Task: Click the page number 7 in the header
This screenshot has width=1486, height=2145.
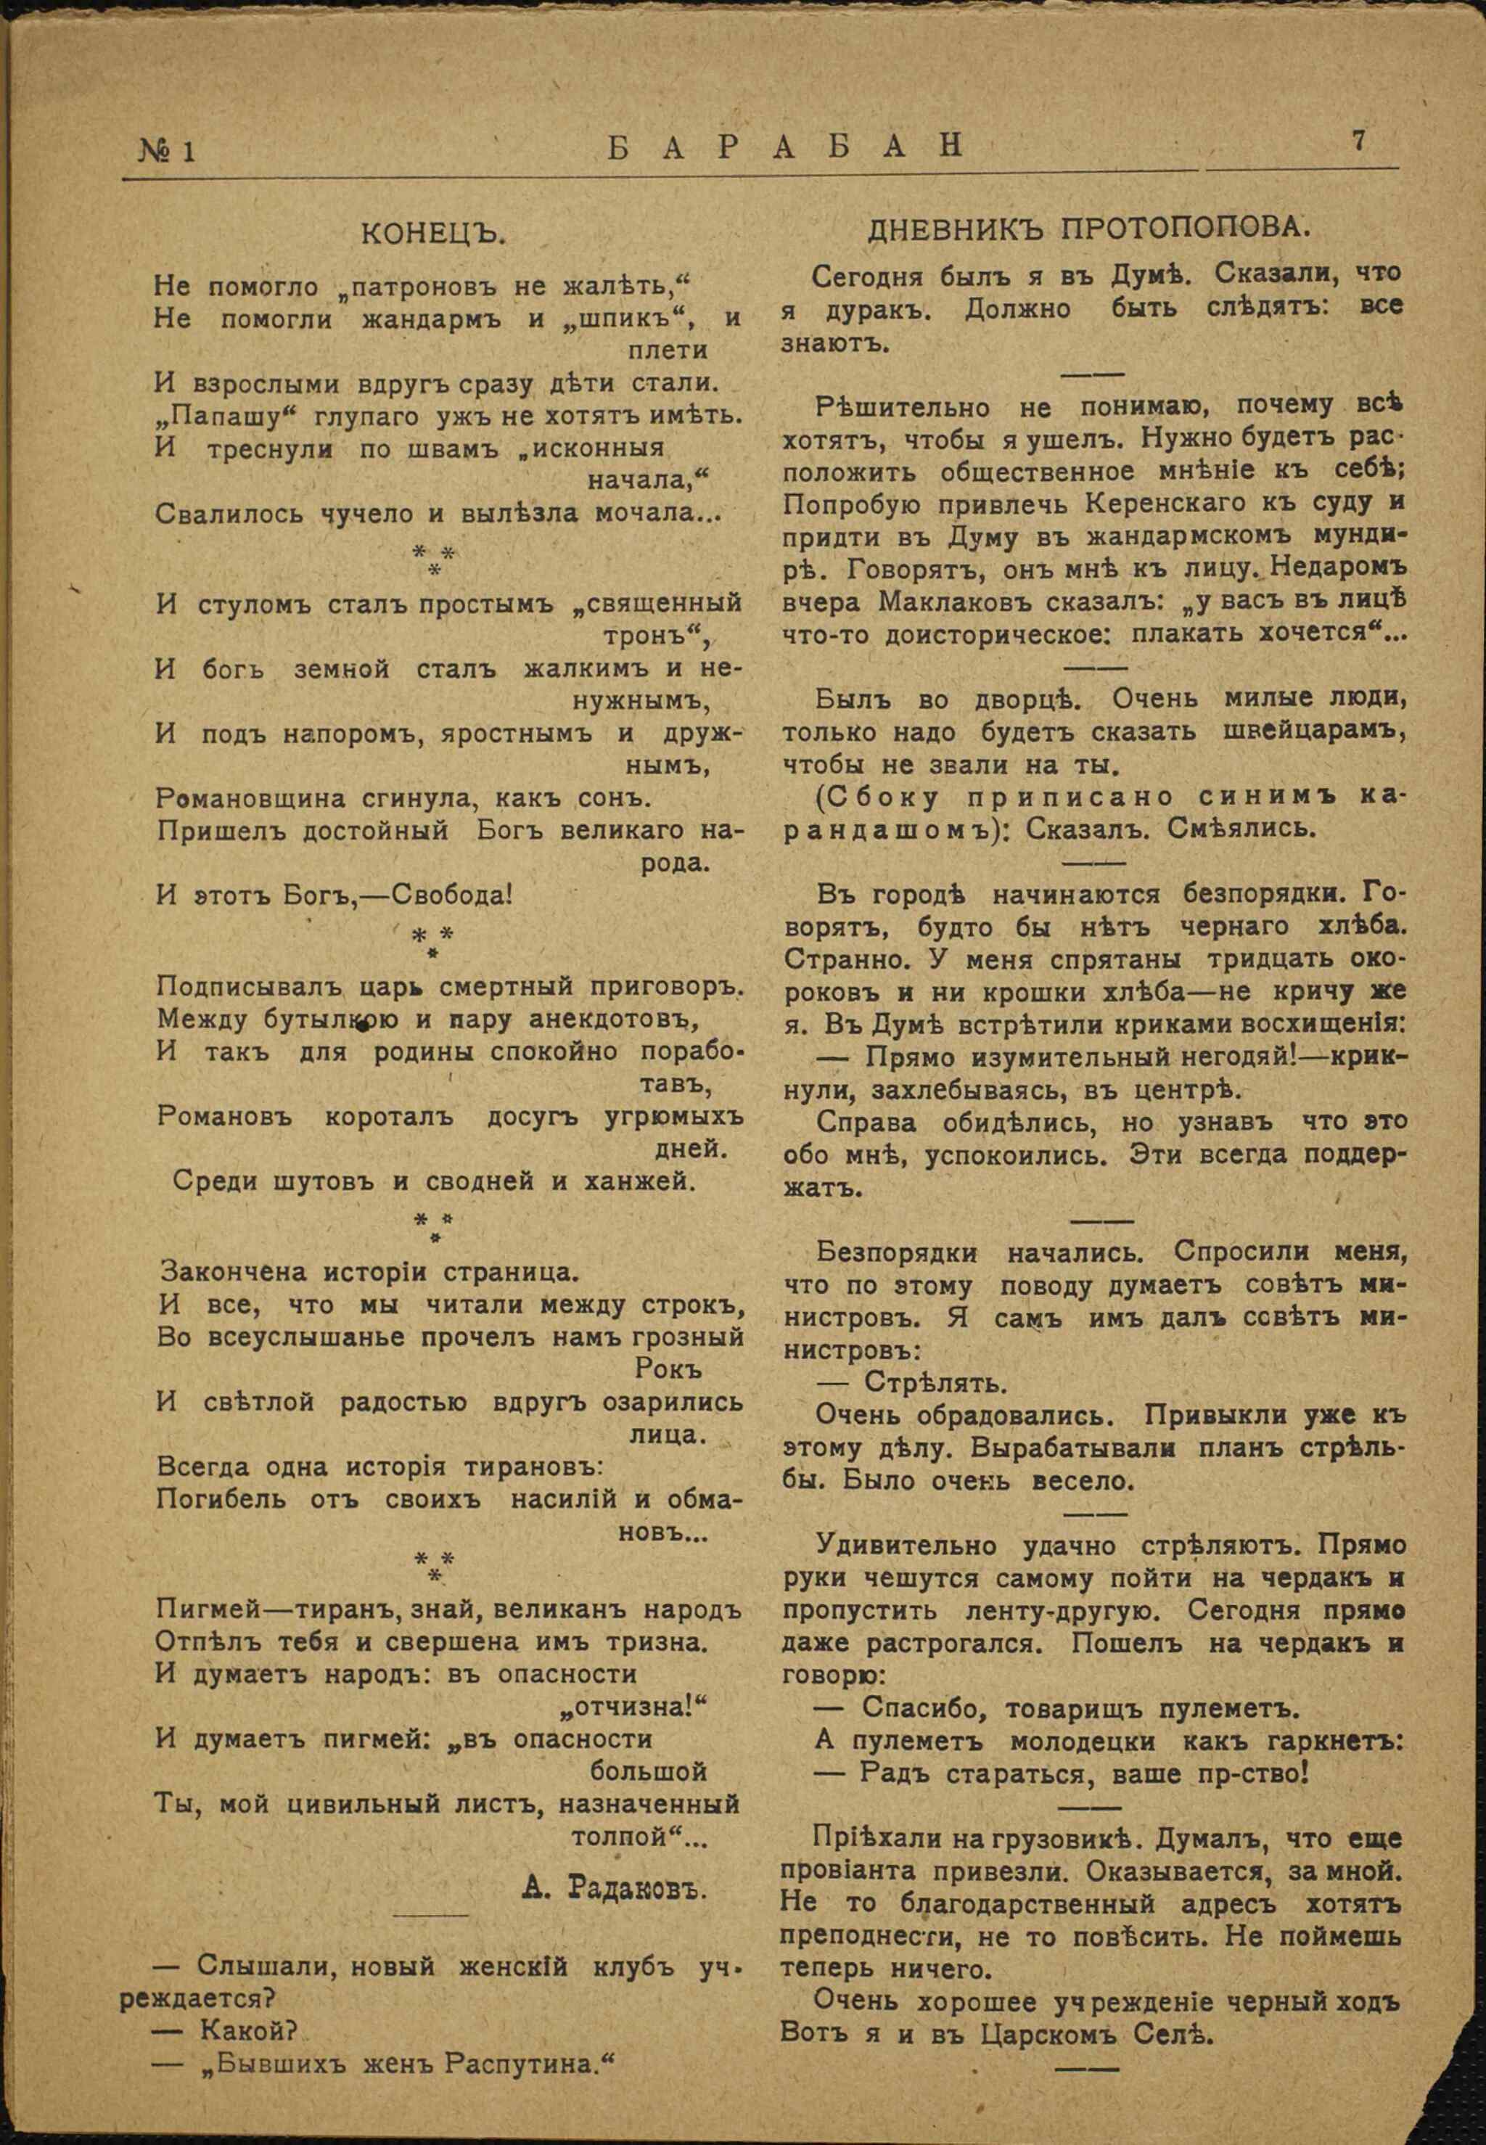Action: pos(1358,142)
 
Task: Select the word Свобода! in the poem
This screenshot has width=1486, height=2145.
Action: pos(451,895)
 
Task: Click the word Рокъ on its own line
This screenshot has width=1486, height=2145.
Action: pos(668,1369)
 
